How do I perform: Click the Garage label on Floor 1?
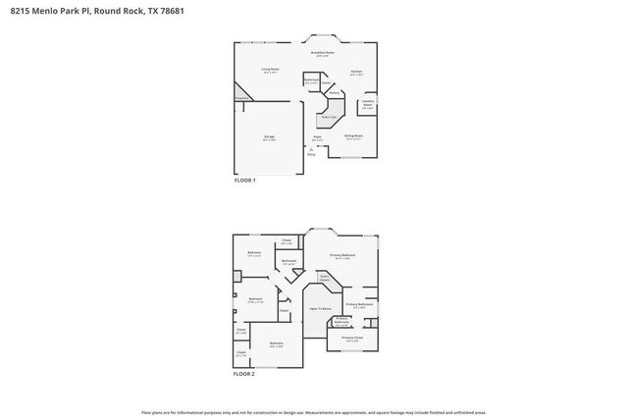pyautogui.click(x=269, y=136)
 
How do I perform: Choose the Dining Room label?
pyautogui.click(x=354, y=135)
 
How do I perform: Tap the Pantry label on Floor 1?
pyautogui.click(x=334, y=93)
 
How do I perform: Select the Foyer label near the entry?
pyautogui.click(x=318, y=136)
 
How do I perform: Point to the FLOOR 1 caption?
pyautogui.click(x=244, y=181)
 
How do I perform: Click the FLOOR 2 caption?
pyautogui.click(x=244, y=374)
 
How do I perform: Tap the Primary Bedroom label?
pyautogui.click(x=341, y=255)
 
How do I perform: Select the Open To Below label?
pyautogui.click(x=320, y=308)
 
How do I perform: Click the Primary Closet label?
pyautogui.click(x=352, y=339)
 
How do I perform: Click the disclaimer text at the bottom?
pyautogui.click(x=313, y=412)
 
